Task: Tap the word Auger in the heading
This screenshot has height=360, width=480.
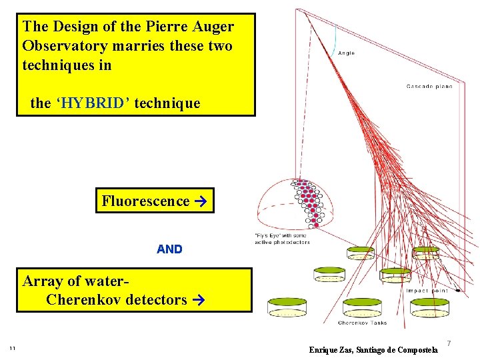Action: pyautogui.click(x=212, y=27)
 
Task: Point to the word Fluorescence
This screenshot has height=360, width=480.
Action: pyautogui.click(x=145, y=201)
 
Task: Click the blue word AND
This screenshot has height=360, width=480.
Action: pyautogui.click(x=169, y=249)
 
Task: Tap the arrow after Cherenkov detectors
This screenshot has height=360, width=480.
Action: pyautogui.click(x=196, y=300)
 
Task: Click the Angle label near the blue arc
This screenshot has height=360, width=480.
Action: pyautogui.click(x=347, y=53)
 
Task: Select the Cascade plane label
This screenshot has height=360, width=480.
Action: pyautogui.click(x=429, y=86)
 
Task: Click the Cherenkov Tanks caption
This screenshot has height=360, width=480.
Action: pyautogui.click(x=362, y=323)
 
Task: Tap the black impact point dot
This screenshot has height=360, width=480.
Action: pyautogui.click(x=458, y=291)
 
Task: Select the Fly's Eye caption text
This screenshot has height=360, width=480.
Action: pyautogui.click(x=282, y=238)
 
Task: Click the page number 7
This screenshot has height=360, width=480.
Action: pyautogui.click(x=449, y=343)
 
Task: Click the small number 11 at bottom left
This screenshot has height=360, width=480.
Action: pyautogui.click(x=12, y=348)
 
